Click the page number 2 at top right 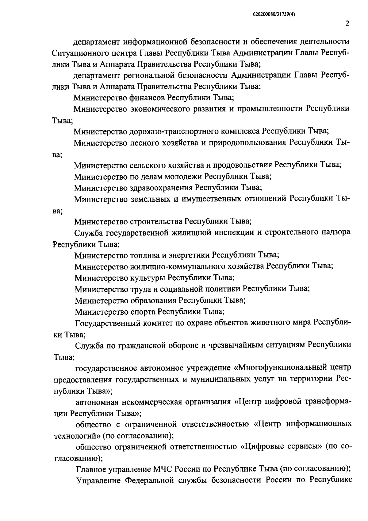[x=347, y=24]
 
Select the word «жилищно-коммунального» [x=172, y=266]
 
